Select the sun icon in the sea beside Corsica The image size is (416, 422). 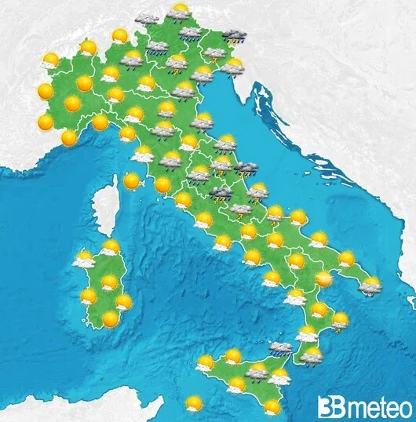(131, 180)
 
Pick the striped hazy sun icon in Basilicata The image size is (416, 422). (323, 278)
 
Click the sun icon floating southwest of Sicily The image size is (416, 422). (193, 404)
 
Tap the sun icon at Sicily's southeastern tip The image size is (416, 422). (272, 406)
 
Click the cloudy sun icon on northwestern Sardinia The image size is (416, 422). (83, 259)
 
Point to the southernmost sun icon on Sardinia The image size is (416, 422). (111, 318)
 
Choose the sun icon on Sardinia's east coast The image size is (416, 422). (123, 302)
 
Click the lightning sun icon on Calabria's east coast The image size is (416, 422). (339, 320)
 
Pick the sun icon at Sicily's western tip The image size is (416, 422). (205, 364)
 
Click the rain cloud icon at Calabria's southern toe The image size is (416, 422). (312, 358)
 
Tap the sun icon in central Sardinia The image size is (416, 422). (109, 282)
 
